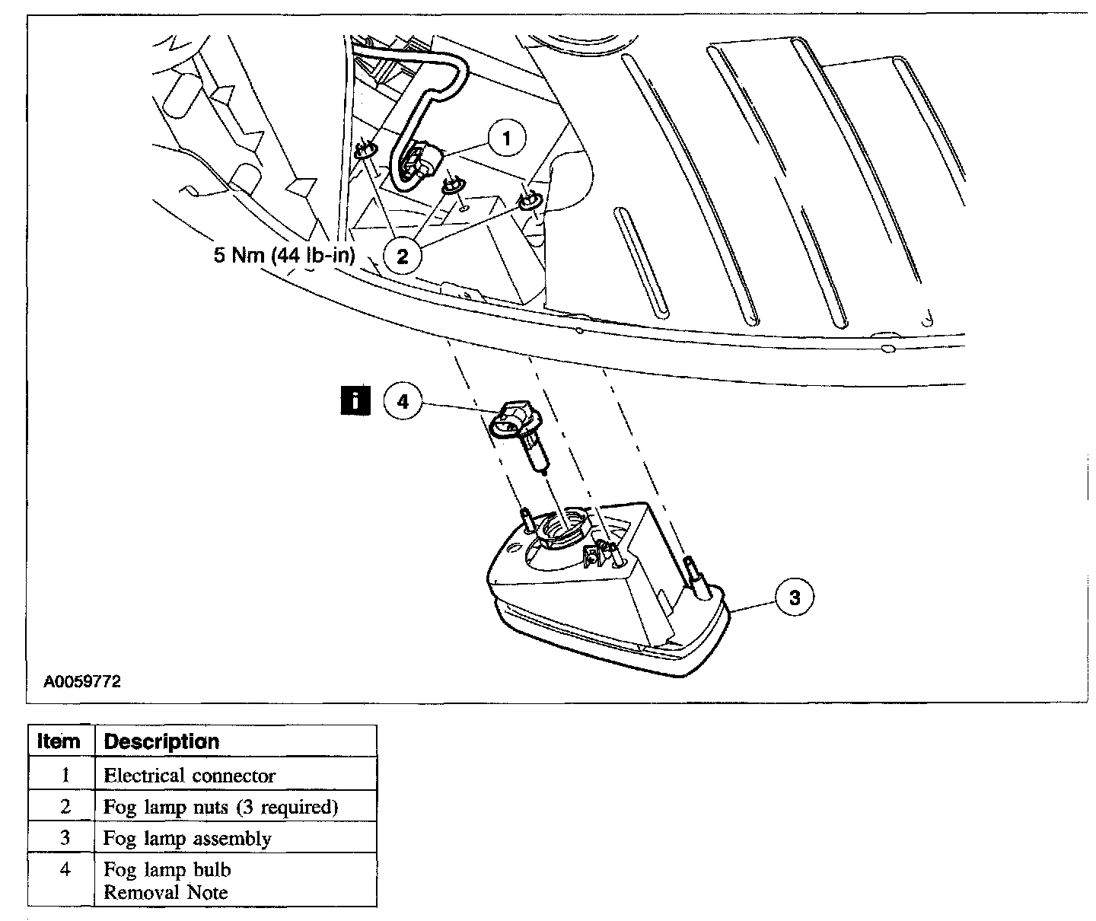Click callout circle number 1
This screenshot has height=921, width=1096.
tap(508, 139)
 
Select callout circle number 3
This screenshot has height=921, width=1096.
tap(795, 598)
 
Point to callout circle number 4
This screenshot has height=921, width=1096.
tap(403, 400)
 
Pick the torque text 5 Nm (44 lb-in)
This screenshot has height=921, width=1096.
tap(284, 255)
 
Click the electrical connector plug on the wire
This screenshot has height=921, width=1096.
tap(415, 163)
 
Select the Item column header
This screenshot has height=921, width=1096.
tap(59, 741)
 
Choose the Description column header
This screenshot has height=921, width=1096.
tap(161, 741)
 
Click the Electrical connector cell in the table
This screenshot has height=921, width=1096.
tap(190, 776)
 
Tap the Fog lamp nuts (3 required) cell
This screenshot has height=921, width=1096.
tap(221, 807)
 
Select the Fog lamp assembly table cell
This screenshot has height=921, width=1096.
tap(187, 838)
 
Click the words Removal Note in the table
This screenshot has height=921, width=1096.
tap(165, 892)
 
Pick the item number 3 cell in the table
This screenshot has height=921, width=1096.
tap(65, 838)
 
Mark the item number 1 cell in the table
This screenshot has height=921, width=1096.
tap(65, 776)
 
